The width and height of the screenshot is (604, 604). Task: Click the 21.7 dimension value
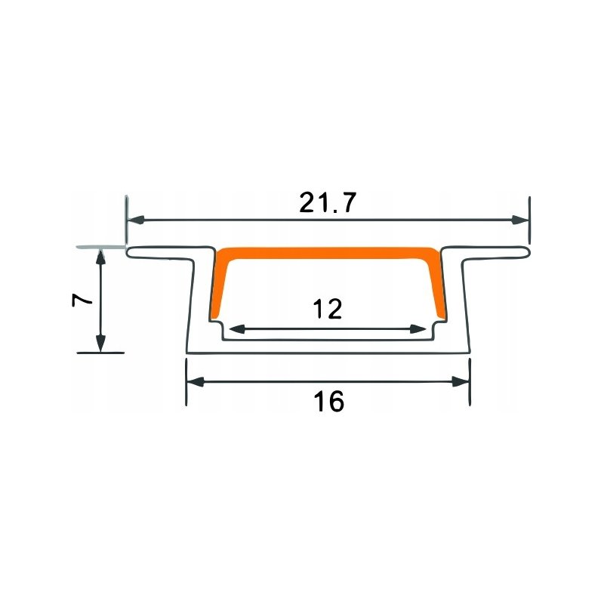(327, 204)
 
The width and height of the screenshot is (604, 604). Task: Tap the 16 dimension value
(328, 402)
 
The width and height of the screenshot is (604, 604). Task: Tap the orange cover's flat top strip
(328, 251)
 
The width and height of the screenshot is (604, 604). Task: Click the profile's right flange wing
(491, 252)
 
